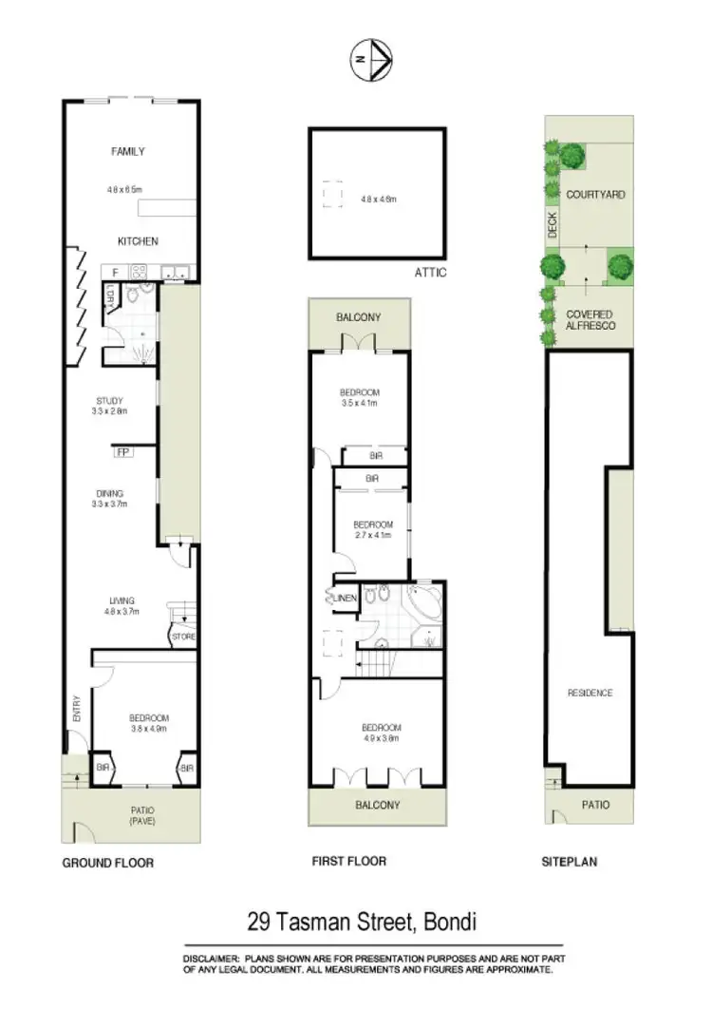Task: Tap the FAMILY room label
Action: [x=127, y=151]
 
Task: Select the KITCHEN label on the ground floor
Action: [x=137, y=241]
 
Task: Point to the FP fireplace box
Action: [x=122, y=452]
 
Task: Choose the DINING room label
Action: [x=110, y=493]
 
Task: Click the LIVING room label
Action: [x=122, y=600]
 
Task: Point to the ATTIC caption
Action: [x=430, y=273]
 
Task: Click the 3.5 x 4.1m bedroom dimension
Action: [x=361, y=403]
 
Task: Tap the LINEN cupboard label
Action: [x=344, y=598]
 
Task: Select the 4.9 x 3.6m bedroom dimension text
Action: [x=380, y=736]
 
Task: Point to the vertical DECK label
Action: [x=553, y=225]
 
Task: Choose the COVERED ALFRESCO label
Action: [x=590, y=320]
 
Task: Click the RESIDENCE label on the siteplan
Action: [x=590, y=693]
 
